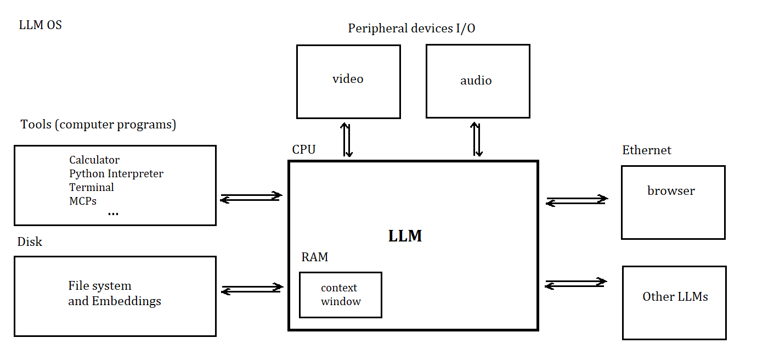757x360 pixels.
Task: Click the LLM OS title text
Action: click(40, 25)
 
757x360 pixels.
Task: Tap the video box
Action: click(348, 81)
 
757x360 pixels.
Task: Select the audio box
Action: click(478, 81)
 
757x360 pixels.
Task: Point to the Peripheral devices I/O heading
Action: click(411, 29)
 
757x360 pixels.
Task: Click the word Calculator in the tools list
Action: click(94, 160)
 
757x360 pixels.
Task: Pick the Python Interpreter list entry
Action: click(116, 174)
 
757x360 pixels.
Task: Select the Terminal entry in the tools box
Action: click(92, 188)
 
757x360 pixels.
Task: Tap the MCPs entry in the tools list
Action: click(83, 201)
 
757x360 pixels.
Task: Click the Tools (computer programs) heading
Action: click(98, 125)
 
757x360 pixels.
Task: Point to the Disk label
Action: click(30, 242)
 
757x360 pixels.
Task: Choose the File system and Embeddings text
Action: click(115, 294)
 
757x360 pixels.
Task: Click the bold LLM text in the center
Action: click(405, 236)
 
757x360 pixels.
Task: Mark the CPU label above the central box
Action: click(304, 150)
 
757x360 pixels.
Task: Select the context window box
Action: click(341, 295)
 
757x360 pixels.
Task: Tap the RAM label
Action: click(315, 257)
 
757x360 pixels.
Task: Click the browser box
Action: click(673, 202)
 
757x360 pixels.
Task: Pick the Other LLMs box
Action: click(675, 302)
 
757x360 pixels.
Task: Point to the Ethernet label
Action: click(647, 150)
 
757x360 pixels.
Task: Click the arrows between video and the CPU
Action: click(347, 140)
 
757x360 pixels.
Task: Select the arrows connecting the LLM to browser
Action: click(577, 201)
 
